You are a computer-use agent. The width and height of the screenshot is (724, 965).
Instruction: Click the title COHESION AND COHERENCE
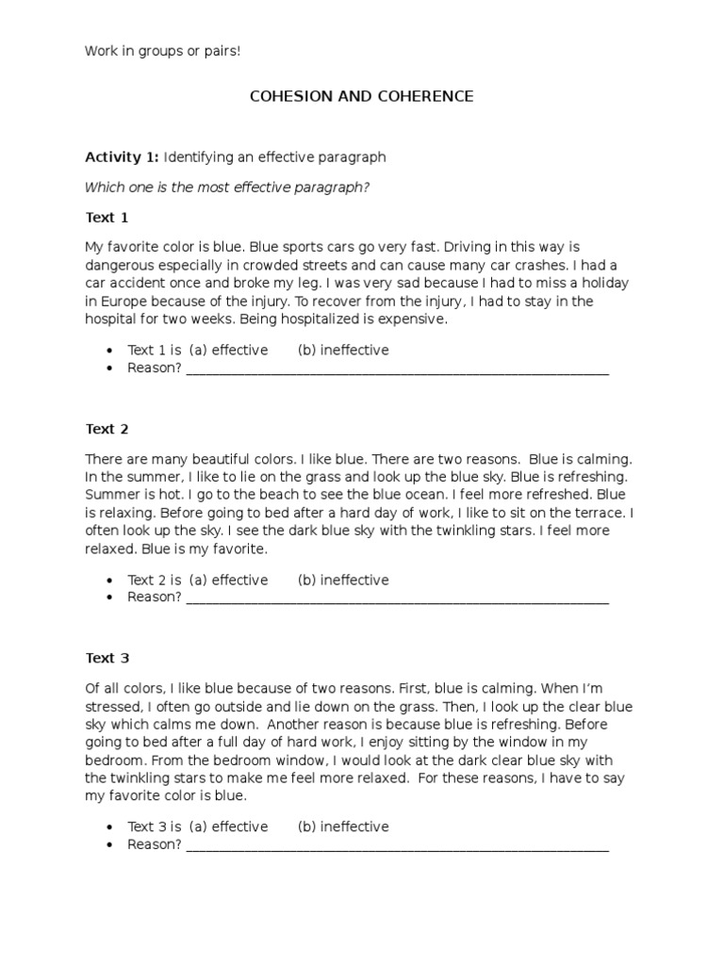361,96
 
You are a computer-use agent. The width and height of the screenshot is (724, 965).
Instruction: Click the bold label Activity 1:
122,156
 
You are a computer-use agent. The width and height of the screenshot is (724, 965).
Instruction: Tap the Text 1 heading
107,218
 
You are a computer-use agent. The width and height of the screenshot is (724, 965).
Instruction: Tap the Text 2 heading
107,429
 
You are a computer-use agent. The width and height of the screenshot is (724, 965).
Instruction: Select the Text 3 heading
107,659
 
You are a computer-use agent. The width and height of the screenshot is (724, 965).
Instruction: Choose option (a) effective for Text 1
228,351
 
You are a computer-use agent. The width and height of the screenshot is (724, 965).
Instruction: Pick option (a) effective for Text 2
228,581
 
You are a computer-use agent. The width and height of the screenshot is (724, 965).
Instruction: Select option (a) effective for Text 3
228,827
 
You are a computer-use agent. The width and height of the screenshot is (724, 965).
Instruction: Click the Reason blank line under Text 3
397,846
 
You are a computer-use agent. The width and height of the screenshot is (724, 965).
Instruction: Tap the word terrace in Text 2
600,513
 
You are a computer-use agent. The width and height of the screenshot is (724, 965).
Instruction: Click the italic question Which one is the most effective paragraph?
227,188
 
